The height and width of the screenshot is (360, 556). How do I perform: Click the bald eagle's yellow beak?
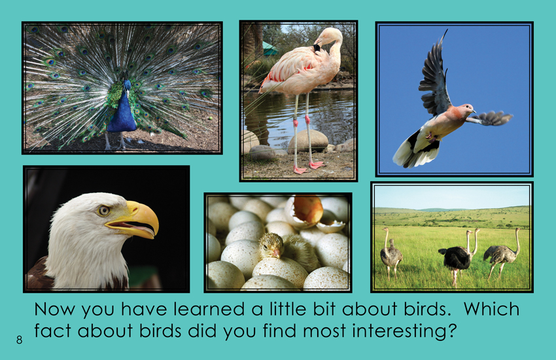(137, 220)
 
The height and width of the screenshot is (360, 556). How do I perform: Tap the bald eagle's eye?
(103, 211)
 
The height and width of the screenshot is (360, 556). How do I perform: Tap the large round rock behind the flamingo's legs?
(308, 141)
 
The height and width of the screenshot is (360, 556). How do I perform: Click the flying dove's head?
(468, 108)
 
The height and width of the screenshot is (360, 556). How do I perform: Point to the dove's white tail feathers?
(408, 152)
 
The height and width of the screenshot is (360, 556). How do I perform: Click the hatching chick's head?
(271, 245)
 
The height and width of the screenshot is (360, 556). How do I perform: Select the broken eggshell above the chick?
(305, 211)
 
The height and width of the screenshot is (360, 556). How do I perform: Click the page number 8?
(19, 340)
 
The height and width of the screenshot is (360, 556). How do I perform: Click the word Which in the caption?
(491, 309)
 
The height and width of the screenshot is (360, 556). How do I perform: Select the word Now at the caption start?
(54, 310)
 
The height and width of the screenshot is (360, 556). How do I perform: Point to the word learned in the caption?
(209, 309)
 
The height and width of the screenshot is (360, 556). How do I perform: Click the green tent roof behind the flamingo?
(269, 48)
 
